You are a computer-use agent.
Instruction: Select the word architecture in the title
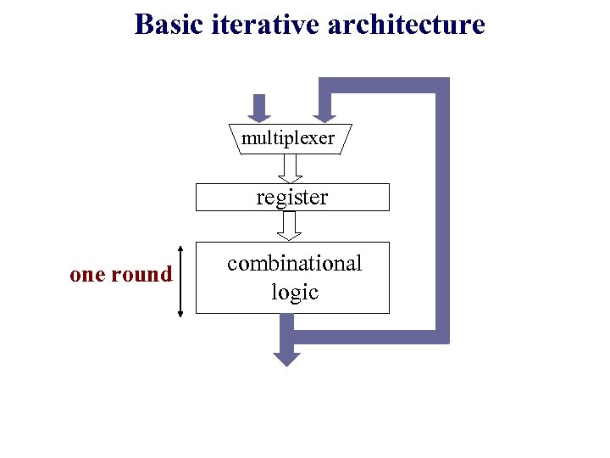[406, 24]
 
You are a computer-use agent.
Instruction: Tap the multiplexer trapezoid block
[289, 137]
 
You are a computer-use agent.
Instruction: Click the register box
[292, 197]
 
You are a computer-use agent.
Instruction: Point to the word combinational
[294, 263]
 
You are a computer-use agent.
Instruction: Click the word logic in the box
[294, 293]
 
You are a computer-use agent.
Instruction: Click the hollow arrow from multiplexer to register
[291, 168]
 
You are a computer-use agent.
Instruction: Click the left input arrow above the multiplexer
[260, 108]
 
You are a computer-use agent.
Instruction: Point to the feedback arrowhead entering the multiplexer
[324, 117]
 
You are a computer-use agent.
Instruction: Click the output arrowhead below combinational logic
[287, 358]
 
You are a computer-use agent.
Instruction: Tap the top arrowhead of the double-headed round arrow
[180, 248]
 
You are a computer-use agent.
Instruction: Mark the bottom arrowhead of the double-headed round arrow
[180, 313]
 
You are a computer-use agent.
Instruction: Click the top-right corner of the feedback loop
[441, 85]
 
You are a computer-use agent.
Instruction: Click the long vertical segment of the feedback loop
[441, 212]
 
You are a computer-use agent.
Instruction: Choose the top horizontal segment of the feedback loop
[381, 85]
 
